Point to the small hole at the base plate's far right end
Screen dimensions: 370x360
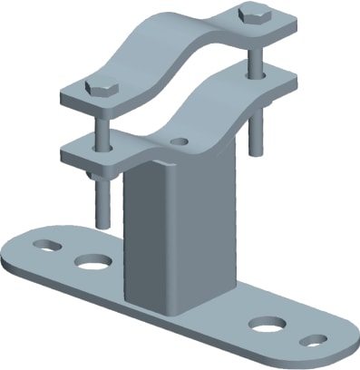coord(312,340)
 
